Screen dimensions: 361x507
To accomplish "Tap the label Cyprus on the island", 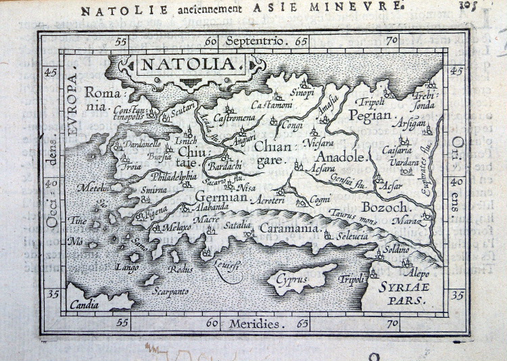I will click(x=291, y=279).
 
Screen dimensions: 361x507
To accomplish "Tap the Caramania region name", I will click(x=289, y=229).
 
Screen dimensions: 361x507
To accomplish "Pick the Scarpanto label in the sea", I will click(x=170, y=291).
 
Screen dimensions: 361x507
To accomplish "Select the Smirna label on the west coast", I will click(x=154, y=191).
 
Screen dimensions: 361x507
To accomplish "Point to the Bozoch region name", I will click(x=384, y=207).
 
